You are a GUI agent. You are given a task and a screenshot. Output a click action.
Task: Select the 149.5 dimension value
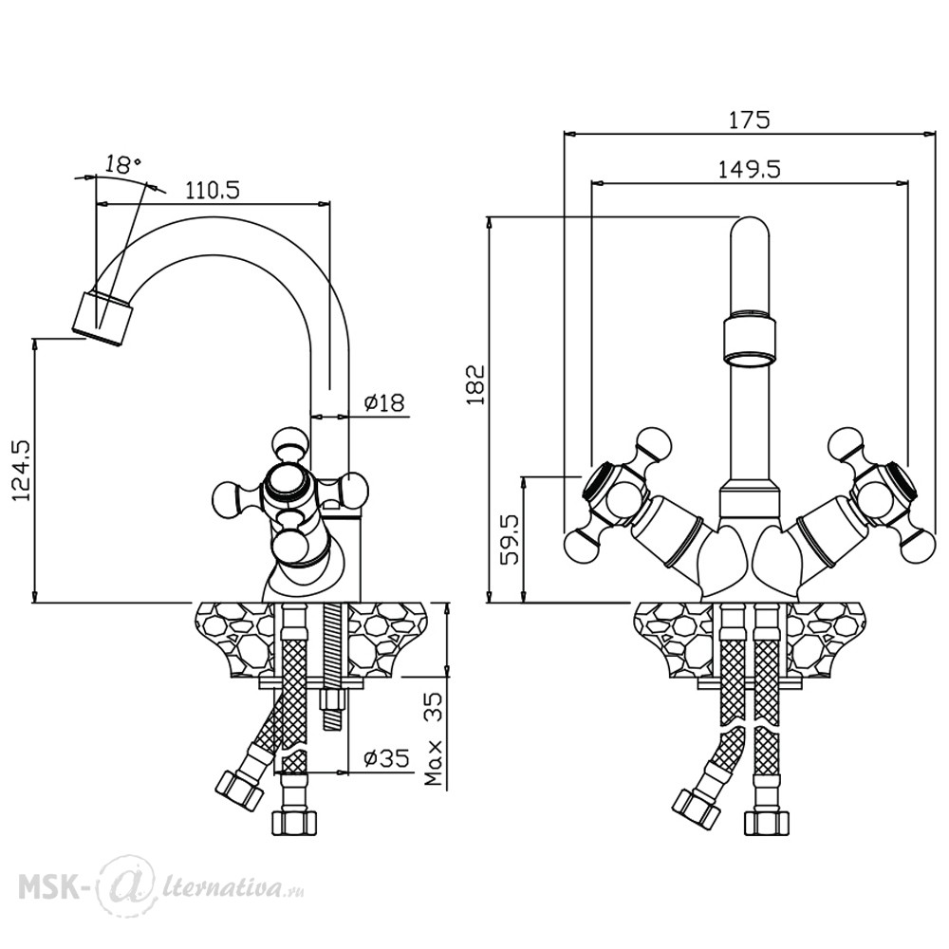tap(750, 169)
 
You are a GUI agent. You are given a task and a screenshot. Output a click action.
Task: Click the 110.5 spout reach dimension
tap(213, 191)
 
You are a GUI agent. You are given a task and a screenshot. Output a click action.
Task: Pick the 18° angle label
tap(122, 164)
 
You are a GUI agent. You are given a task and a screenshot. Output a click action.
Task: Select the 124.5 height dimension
tap(21, 470)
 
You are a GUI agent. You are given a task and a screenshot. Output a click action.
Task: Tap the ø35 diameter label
tap(387, 757)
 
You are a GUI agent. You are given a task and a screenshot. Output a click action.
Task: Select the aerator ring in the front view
tap(750, 344)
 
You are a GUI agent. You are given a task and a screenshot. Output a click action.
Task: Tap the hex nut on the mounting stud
tap(330, 701)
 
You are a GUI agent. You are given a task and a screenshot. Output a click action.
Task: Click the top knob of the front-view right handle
tap(845, 443)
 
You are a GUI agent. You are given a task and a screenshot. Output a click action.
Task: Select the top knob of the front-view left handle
tap(656, 443)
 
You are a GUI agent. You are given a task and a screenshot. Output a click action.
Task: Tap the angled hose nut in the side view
tap(240, 791)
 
